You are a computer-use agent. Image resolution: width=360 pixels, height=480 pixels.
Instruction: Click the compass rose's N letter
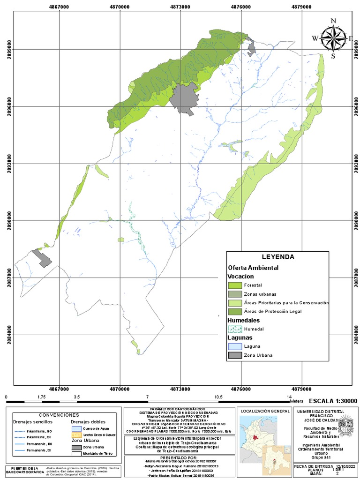[x=333, y=21]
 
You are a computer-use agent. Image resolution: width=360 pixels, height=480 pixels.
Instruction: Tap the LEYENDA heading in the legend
[x=277, y=257]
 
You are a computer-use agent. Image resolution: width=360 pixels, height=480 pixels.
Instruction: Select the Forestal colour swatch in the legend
[x=234, y=285]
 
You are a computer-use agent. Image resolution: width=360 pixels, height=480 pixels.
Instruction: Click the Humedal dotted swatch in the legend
[x=234, y=329]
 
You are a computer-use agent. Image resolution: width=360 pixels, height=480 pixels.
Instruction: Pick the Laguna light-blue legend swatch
[x=234, y=346]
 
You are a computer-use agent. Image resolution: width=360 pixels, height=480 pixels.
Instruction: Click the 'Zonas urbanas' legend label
[x=257, y=294]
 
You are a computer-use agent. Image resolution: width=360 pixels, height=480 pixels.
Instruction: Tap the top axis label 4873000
[x=180, y=7]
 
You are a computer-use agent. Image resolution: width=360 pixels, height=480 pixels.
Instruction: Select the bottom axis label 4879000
[x=302, y=389]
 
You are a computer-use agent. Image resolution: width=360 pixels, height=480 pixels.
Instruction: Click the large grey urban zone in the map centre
[x=183, y=97]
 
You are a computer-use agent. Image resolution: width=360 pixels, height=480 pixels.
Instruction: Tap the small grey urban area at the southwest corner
[x=43, y=259]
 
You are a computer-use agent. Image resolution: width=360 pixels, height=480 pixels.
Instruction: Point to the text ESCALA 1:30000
[x=333, y=401]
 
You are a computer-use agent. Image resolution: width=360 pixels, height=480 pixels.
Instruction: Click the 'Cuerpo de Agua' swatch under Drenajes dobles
[x=76, y=428]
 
